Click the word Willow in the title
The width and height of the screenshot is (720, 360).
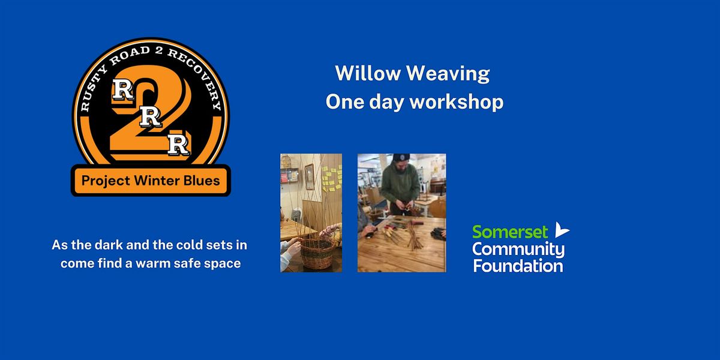pos(368,73)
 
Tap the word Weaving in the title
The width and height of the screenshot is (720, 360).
pos(448,74)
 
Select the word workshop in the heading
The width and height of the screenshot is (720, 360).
pos(457,102)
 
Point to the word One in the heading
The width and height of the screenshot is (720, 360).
pos(345,102)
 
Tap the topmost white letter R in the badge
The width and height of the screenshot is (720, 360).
pos(122,89)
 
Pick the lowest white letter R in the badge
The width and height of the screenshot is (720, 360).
pos(178,145)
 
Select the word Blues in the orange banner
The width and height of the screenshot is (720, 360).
pos(202,181)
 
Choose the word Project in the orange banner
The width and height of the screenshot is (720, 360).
pos(106,181)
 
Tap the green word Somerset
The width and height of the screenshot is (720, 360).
pos(510,232)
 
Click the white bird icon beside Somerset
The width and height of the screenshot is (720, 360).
pos(562,229)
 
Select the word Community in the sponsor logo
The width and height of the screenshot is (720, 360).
pos(518,250)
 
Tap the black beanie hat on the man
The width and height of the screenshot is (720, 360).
pos(401,157)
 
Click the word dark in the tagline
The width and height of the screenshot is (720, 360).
pos(109,245)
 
